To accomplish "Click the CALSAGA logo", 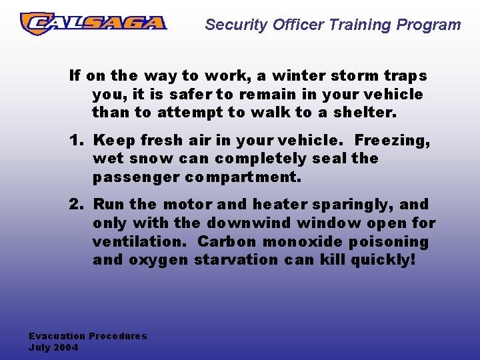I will [x=93, y=23].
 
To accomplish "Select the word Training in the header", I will [x=358, y=25].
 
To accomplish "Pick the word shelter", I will [x=365, y=113].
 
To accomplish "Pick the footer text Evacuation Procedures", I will [x=88, y=337].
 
